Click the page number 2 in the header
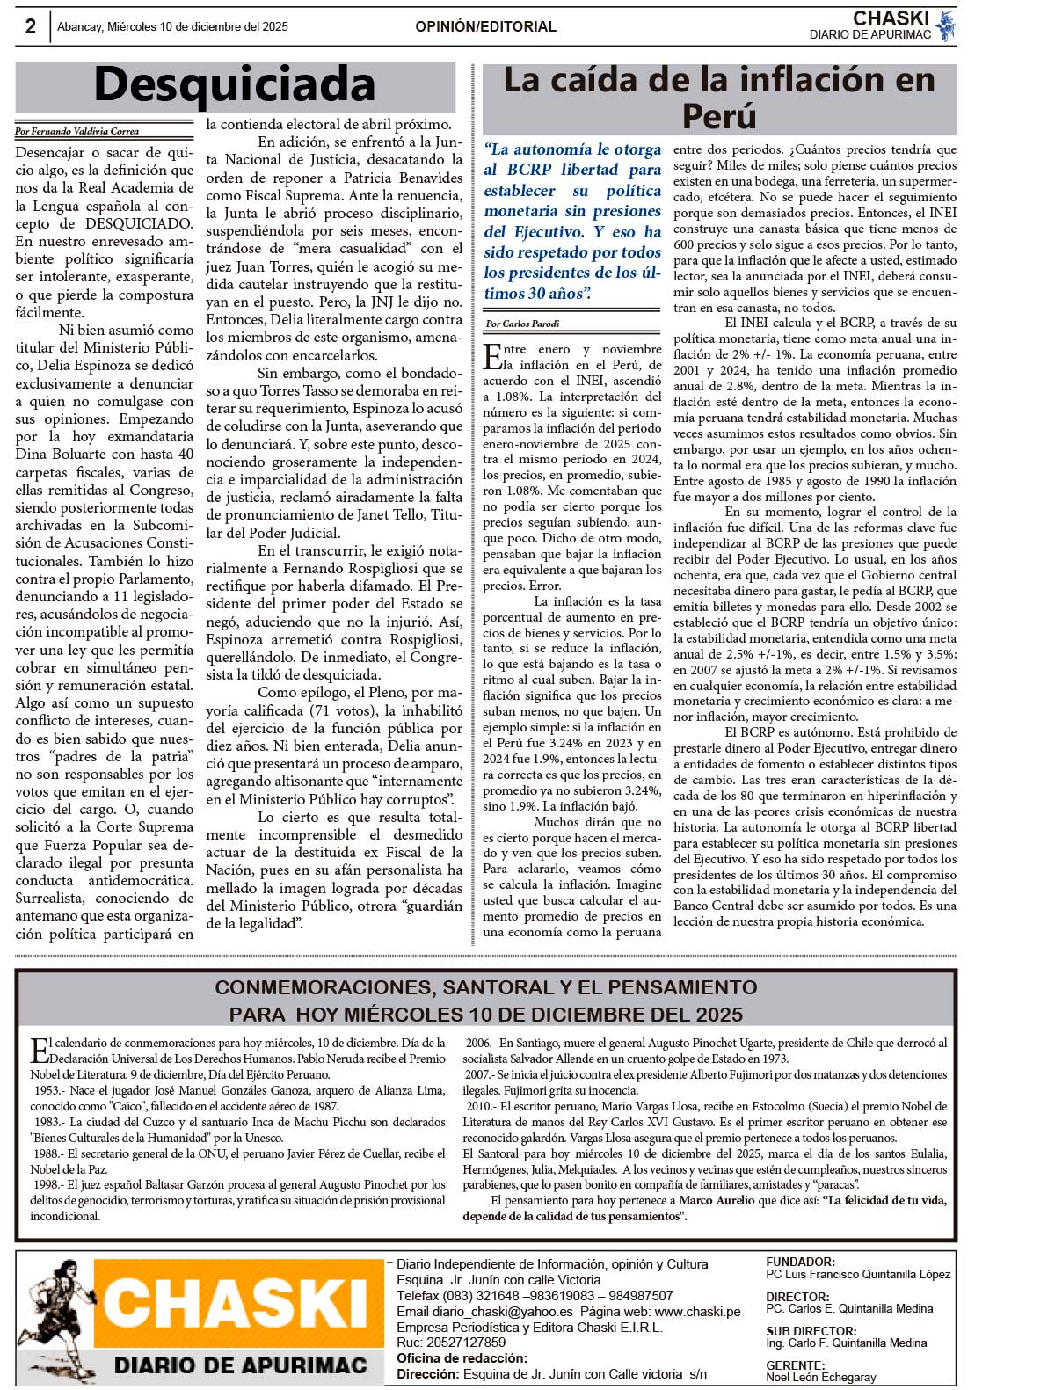tap(30, 26)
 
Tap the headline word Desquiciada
tap(235, 85)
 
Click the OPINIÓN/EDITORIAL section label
tap(485, 26)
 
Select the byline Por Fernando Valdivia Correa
tap(77, 132)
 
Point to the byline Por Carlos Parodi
tap(522, 324)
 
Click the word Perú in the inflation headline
tap(718, 116)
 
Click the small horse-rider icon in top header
tap(946, 26)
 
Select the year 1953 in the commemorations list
tap(47, 1090)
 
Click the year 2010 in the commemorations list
tap(479, 1106)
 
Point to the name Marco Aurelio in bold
tap(717, 1200)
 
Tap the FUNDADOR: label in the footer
tap(800, 1262)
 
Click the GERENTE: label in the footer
tap(795, 1365)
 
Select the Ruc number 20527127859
tap(463, 1343)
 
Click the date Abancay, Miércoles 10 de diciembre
tap(172, 27)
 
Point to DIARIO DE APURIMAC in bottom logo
tap(240, 1365)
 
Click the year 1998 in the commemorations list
tap(47, 1184)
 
